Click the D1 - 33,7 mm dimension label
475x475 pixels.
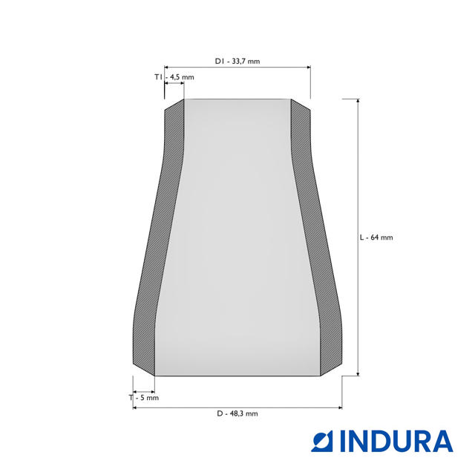237,61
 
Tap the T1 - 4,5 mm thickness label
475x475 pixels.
174,77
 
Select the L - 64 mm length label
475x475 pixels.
376,237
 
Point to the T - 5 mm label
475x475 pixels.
143,398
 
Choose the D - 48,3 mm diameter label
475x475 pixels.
237,413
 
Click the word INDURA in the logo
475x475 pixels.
396,441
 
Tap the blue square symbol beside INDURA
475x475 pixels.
322,442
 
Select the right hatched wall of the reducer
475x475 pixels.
316,236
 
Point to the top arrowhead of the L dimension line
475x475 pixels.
358,101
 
